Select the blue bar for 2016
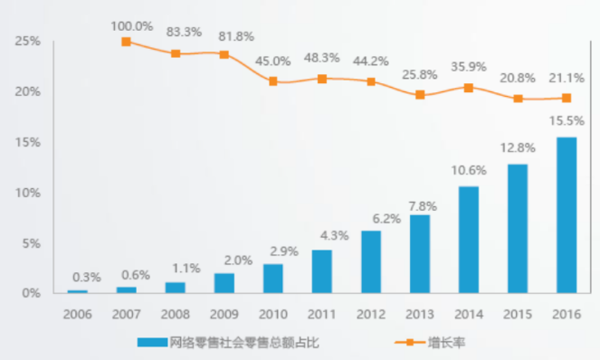(x=567, y=215)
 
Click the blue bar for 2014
(x=469, y=240)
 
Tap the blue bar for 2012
(x=371, y=261)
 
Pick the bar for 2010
(x=273, y=279)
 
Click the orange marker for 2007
(x=126, y=42)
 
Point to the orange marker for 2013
(x=420, y=95)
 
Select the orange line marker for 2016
(x=567, y=98)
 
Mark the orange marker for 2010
(x=273, y=81)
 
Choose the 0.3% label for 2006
(x=79, y=277)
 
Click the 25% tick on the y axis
(x=27, y=42)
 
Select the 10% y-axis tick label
(x=27, y=193)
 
